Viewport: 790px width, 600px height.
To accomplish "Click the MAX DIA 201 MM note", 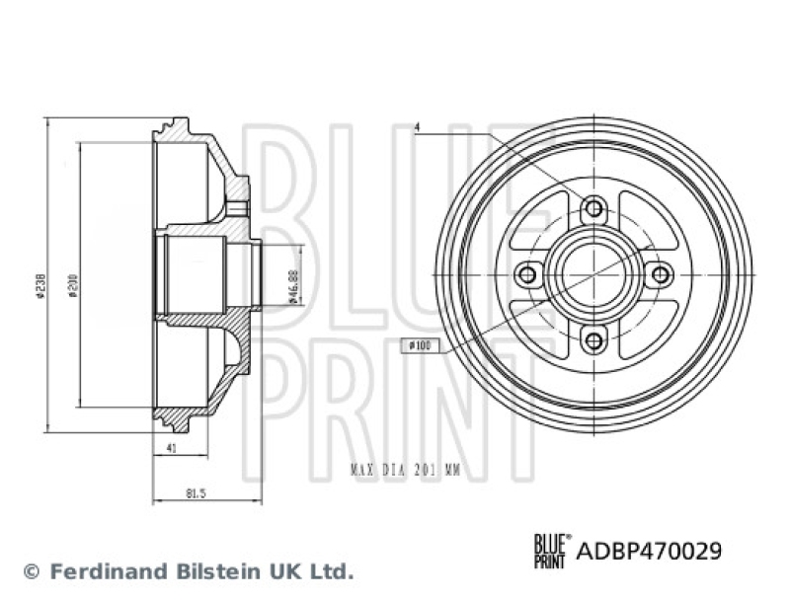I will (405, 471).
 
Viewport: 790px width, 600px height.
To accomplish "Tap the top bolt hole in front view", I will (593, 208).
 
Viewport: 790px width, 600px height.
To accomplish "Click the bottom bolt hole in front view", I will (593, 340).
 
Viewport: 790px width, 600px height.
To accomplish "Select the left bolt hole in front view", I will (527, 274).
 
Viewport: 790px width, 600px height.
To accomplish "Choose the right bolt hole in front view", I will (660, 274).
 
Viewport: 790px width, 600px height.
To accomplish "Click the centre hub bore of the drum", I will (593, 274).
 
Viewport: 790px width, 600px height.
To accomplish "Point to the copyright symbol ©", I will (30, 571).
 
